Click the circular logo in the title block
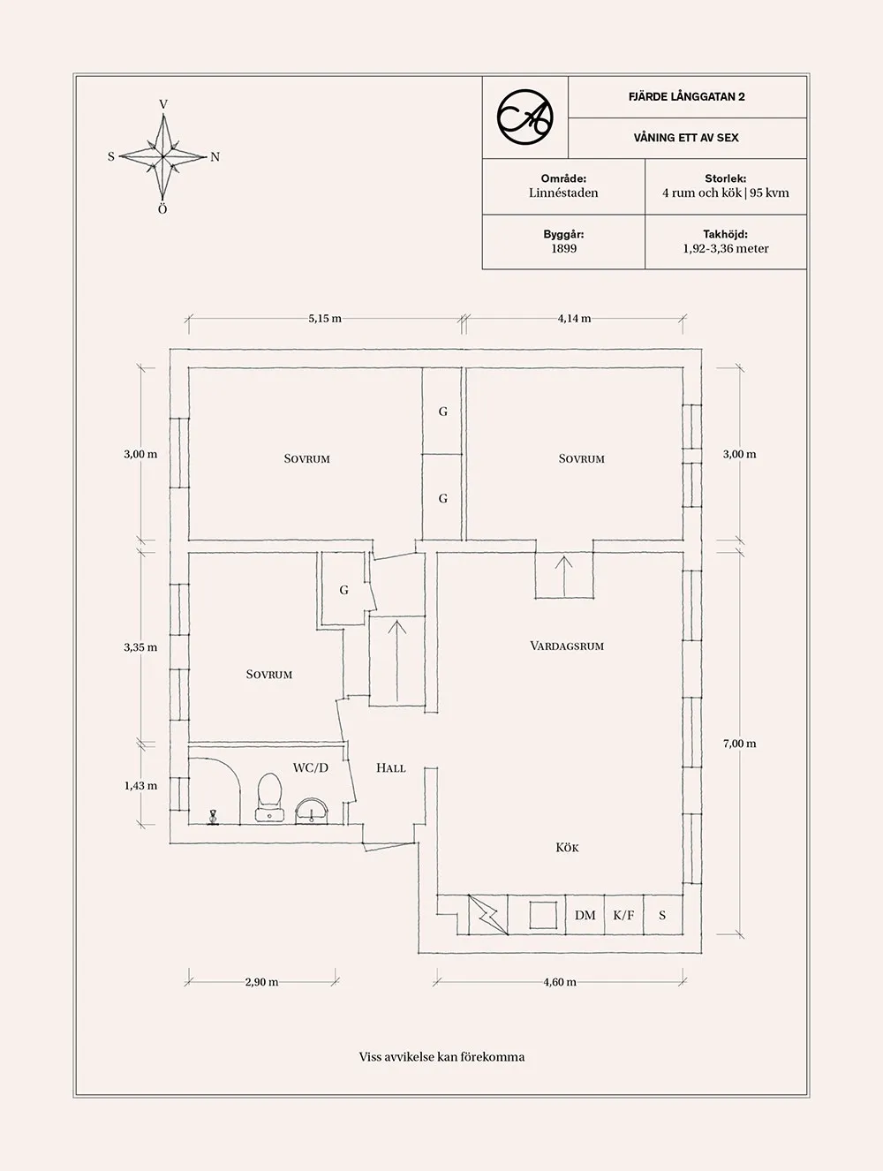pyautogui.click(x=525, y=117)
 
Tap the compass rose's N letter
pyautogui.click(x=215, y=157)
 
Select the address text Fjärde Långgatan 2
pyautogui.click(x=687, y=96)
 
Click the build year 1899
pyautogui.click(x=563, y=249)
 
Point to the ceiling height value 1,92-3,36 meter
pyautogui.click(x=726, y=249)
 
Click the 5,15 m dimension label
pyautogui.click(x=325, y=319)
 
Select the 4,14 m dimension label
pyautogui.click(x=574, y=319)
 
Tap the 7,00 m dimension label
pyautogui.click(x=740, y=744)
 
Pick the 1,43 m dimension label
pyautogui.click(x=140, y=786)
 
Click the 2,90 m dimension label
pyautogui.click(x=261, y=982)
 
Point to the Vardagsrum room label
pyautogui.click(x=567, y=646)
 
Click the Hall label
pyautogui.click(x=391, y=768)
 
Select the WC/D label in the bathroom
pyautogui.click(x=310, y=767)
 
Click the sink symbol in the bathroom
pyautogui.click(x=313, y=811)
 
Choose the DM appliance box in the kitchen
pyautogui.click(x=585, y=915)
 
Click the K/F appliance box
pyautogui.click(x=624, y=915)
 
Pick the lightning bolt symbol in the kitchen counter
pyautogui.click(x=488, y=915)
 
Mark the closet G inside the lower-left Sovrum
pyautogui.click(x=343, y=590)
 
